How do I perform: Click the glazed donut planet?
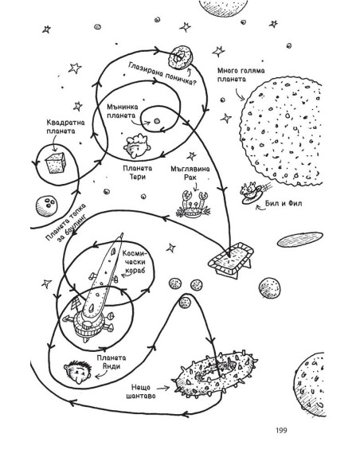181,57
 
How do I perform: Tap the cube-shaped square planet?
55,162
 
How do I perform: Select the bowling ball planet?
46,205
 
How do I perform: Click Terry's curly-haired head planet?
137,145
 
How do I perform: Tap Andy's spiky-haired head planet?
77,372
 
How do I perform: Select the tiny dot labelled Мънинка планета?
157,121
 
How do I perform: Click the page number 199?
281,430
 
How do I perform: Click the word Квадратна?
65,123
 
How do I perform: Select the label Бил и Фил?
284,204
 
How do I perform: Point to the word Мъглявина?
190,169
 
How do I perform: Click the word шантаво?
141,396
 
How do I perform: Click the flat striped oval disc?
299,240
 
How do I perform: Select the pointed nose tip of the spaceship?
121,234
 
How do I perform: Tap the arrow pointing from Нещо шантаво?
162,388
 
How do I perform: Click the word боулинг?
70,228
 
